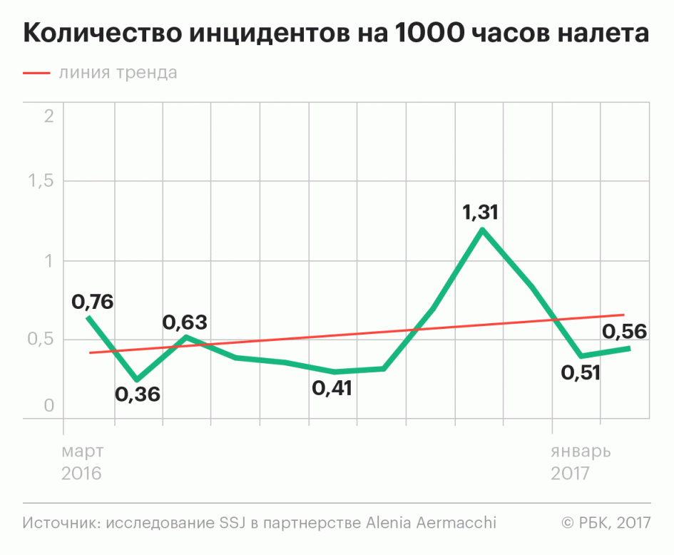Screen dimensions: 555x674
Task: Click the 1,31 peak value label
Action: point(481,213)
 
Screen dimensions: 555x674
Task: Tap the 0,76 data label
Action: point(93,302)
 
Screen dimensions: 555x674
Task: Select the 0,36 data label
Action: point(138,393)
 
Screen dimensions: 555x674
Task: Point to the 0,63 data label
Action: point(185,322)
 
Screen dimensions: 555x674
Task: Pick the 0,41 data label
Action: point(333,389)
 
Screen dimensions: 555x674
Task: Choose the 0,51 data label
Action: point(581,372)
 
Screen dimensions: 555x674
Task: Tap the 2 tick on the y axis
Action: point(48,116)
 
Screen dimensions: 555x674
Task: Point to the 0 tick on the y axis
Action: point(48,406)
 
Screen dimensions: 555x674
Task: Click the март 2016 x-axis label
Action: point(82,462)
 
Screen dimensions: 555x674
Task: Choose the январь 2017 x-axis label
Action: point(578,462)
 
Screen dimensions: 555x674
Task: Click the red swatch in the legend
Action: point(36,73)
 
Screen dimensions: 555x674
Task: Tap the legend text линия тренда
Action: point(118,73)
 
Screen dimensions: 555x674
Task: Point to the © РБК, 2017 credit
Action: point(606,523)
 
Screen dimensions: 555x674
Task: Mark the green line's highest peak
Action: point(483,230)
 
